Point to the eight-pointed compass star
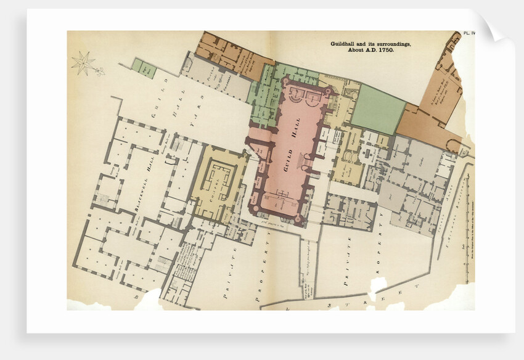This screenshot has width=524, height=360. (x=83, y=62)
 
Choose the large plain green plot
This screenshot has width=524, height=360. (x=378, y=109)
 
